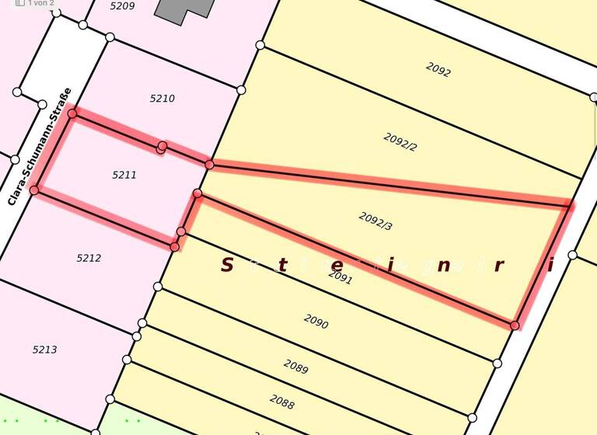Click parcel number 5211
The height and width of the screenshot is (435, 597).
tap(124, 175)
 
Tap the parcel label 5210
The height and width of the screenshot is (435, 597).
tap(162, 99)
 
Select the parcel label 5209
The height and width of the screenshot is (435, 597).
tap(122, 6)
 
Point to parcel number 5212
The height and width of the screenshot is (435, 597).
tap(89, 258)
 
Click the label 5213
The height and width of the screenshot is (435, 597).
tap(44, 350)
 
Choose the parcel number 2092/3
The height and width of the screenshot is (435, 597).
tap(375, 221)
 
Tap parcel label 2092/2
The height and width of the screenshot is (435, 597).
tap(400, 141)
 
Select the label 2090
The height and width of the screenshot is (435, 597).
tap(316, 321)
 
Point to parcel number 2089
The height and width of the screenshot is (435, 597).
tap(295, 366)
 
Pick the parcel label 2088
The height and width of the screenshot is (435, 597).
tap(282, 402)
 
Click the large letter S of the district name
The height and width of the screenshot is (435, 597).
tap(227, 265)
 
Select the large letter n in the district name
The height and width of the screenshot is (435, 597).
tap(444, 266)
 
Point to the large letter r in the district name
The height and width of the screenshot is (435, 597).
tap(498, 266)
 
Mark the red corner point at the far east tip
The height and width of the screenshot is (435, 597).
tap(569, 206)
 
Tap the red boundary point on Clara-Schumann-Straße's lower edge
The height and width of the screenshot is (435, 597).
tap(34, 190)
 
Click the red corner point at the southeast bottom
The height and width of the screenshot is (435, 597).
tap(515, 325)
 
